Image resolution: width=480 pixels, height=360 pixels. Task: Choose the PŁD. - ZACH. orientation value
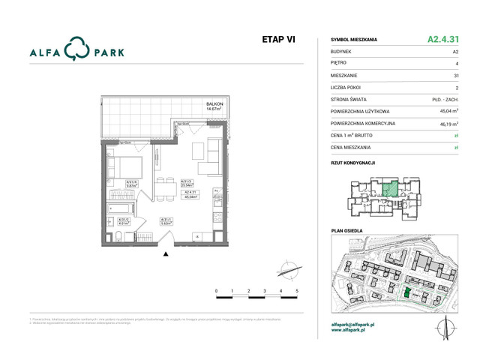445,99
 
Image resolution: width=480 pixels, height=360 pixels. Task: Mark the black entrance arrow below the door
166,255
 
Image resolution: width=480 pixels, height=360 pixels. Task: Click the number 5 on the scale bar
298,289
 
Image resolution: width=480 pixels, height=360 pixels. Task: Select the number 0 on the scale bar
216,289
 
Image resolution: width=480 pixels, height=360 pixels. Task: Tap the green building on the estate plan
407,294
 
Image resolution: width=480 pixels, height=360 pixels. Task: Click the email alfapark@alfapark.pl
352,325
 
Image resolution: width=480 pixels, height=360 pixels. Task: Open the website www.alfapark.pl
348,331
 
